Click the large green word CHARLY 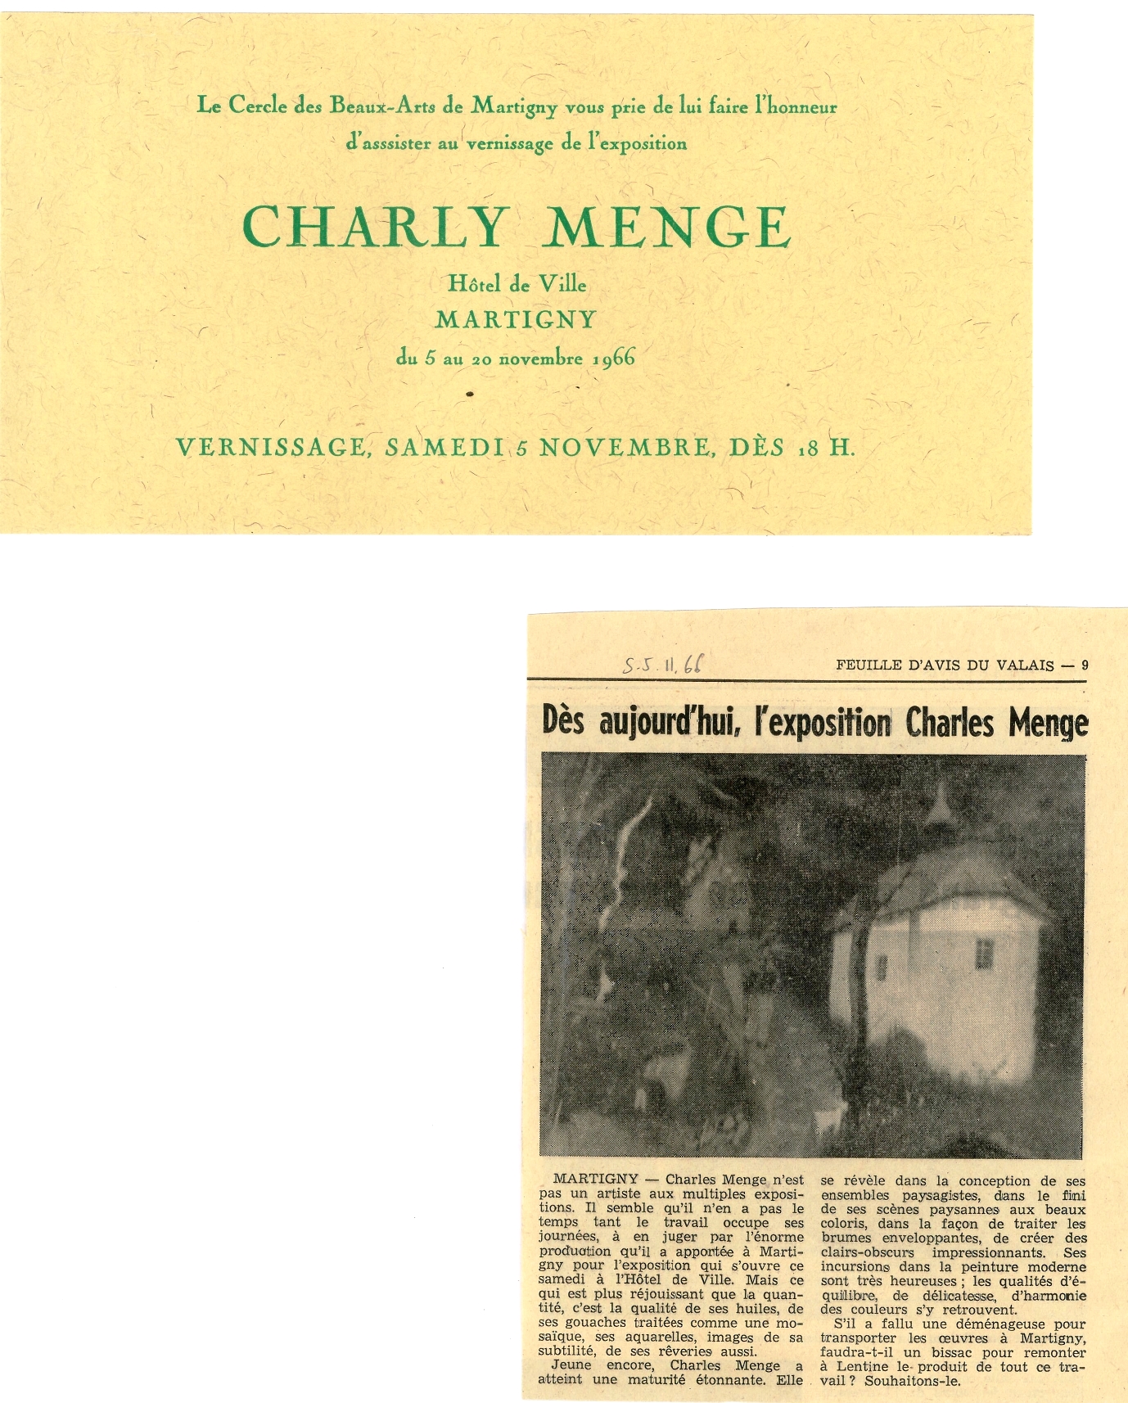(x=374, y=227)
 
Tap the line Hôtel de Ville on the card (x=517, y=283)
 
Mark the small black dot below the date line (x=469, y=394)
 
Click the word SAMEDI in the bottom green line (x=444, y=447)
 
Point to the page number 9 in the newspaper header (x=1085, y=665)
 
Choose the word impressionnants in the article (x=988, y=1252)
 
